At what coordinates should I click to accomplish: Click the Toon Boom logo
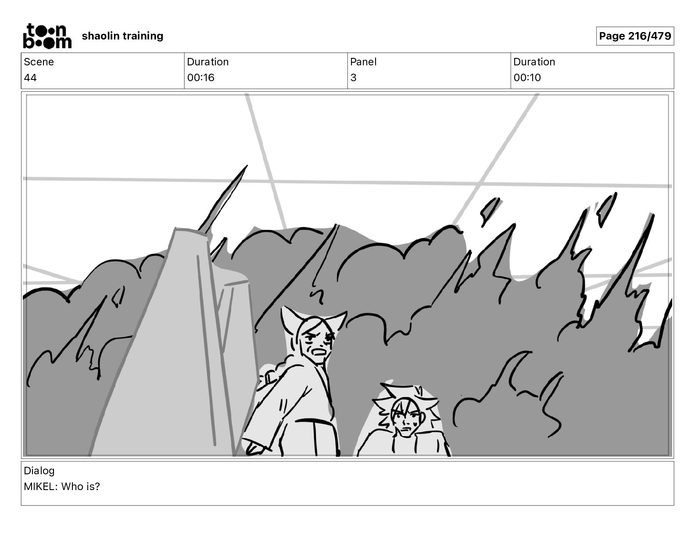point(47,36)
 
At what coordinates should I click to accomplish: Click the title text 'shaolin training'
point(122,36)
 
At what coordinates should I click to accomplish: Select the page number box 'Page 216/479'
point(634,36)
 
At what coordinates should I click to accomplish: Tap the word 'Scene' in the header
point(39,62)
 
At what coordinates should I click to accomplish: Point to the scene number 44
point(30,78)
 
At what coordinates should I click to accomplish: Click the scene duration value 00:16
point(201,78)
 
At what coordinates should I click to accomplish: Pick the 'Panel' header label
point(363,62)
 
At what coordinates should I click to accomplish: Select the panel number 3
point(353,78)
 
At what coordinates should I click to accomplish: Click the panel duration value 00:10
point(527,78)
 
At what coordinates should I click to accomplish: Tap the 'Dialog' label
point(39,471)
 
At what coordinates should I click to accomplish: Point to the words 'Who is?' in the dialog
point(81,487)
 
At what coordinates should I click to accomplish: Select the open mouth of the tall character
point(319,351)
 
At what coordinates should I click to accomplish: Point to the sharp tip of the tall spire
point(246,167)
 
